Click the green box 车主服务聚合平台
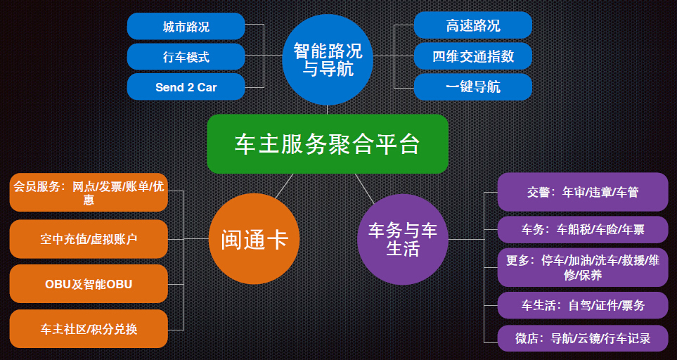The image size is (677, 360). click(x=327, y=144)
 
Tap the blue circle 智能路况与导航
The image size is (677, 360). click(x=328, y=59)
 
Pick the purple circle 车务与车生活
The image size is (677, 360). click(x=402, y=240)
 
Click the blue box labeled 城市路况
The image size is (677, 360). click(x=186, y=27)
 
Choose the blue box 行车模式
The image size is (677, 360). click(x=186, y=57)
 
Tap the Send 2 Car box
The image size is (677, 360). click(x=186, y=87)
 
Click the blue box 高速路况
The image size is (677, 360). click(x=472, y=25)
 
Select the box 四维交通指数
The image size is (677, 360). click(x=472, y=56)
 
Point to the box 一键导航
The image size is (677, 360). click(x=472, y=87)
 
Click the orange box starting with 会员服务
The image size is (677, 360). click(x=89, y=192)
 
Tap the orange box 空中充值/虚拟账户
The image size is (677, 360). click(x=89, y=239)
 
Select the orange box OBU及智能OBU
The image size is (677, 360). click(x=89, y=284)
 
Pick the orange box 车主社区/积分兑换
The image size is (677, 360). click(x=89, y=328)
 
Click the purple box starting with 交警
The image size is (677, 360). click(x=583, y=192)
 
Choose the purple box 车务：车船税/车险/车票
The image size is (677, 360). click(x=583, y=229)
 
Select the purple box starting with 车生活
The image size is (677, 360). click(x=583, y=305)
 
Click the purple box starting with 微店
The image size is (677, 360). click(x=583, y=338)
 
